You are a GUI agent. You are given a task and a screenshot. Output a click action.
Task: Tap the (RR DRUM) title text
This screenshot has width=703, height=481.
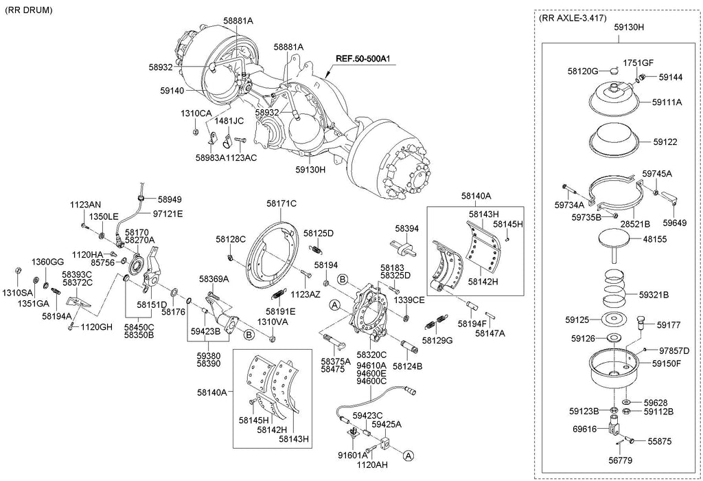point(28,12)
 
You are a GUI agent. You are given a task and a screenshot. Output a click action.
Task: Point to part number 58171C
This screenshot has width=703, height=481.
point(281,203)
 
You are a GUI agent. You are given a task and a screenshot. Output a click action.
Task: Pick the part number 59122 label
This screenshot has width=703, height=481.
point(665,142)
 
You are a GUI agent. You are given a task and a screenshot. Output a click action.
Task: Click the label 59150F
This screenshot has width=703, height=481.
point(666,363)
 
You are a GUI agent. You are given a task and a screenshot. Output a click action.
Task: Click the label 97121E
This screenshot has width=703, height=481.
point(168,214)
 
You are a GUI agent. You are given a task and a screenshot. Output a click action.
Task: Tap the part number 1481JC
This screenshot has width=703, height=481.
point(229,121)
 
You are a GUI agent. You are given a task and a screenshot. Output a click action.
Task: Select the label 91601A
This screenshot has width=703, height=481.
point(351,454)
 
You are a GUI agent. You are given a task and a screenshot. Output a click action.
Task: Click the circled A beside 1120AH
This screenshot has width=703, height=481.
point(408,455)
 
